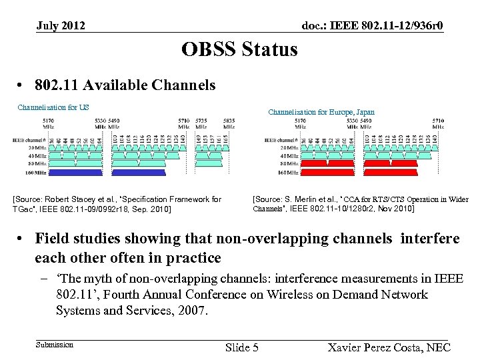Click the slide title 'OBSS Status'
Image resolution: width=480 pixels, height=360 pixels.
point(239,49)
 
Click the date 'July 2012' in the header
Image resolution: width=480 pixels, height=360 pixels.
point(61,26)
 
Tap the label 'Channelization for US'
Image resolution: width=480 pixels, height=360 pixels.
point(53,107)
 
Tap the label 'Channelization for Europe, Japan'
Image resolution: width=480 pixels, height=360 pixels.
point(321,113)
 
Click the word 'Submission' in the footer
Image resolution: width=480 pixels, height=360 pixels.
point(55,345)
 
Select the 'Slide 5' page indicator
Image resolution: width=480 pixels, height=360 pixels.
point(242,347)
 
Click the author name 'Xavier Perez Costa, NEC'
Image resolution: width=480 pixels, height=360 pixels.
point(390,347)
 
